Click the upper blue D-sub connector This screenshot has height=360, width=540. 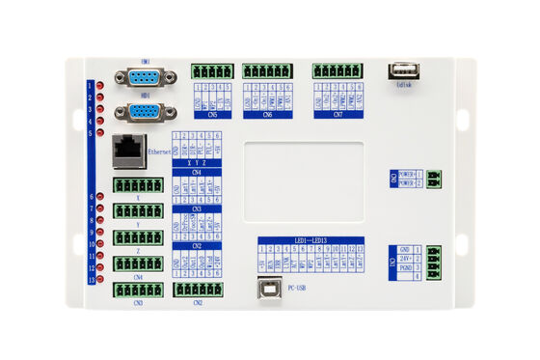click(146, 78)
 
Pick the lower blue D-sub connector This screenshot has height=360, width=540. click(146, 110)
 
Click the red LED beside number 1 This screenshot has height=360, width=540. click(99, 86)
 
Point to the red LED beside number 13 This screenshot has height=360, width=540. click(99, 280)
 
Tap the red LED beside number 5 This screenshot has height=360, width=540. click(99, 132)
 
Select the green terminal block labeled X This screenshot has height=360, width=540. click(137, 184)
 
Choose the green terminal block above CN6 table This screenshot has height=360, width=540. click(267, 70)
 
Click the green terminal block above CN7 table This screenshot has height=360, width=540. click(337, 70)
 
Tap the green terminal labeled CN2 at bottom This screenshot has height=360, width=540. click(198, 289)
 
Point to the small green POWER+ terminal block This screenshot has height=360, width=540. click(434, 179)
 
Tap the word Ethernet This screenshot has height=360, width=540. click(160, 152)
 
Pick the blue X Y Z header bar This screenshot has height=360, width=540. click(197, 163)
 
